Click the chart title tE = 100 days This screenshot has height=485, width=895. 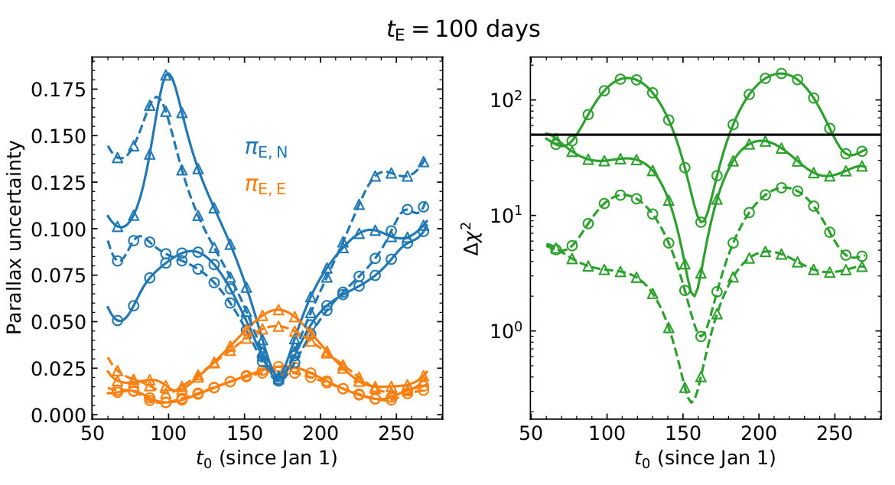point(463,29)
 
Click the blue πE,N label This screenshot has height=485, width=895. point(265,148)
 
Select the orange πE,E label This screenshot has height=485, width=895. point(265,184)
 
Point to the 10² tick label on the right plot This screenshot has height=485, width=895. point(509,99)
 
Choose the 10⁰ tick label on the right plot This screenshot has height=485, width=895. point(509,330)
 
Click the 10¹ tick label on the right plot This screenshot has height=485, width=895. point(509,215)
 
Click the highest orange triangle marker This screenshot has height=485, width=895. point(278,310)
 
